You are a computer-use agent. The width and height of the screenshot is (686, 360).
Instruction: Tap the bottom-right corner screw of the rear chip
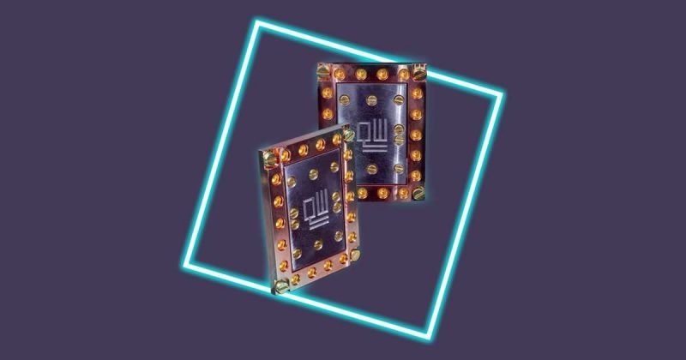click(x=418, y=194)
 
